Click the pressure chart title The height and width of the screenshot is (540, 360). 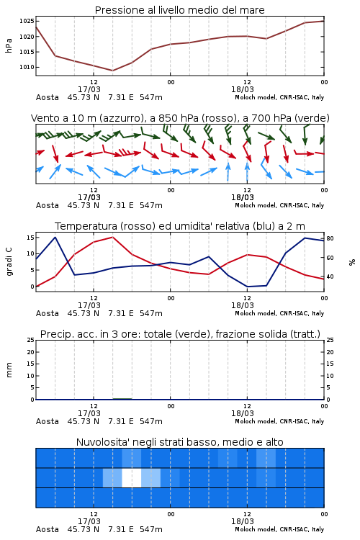point(179,10)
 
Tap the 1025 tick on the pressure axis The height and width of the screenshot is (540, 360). point(27,21)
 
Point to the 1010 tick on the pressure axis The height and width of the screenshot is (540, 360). point(27,67)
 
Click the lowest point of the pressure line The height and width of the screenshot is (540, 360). point(112,71)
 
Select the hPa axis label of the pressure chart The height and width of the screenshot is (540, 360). point(9,45)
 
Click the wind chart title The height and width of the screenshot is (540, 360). point(180,118)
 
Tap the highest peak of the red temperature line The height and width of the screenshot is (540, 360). point(112,237)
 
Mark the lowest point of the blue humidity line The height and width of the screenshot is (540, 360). point(248,287)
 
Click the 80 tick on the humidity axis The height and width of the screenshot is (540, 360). point(330,238)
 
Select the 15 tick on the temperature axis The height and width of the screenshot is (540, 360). point(30,238)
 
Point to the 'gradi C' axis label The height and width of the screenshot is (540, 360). point(9,262)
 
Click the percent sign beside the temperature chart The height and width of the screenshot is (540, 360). point(352,262)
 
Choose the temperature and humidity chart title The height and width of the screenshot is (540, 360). point(180,226)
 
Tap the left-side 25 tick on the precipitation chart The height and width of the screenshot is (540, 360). point(30,340)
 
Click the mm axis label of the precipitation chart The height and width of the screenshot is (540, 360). point(9,370)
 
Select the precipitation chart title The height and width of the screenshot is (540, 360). point(180,334)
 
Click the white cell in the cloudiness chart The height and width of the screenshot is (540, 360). point(132,477)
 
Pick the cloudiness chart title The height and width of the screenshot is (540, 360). point(179,442)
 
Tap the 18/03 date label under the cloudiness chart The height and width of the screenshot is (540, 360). point(242,521)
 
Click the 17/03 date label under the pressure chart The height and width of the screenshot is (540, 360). point(89,89)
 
